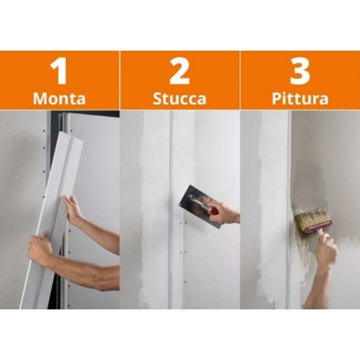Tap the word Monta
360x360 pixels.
point(59,99)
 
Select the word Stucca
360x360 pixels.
point(179,99)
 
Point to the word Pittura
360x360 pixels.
point(300,99)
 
